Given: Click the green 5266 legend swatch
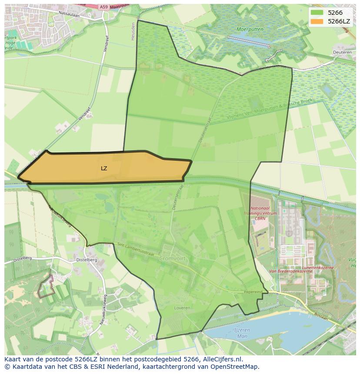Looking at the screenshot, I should click(x=317, y=13).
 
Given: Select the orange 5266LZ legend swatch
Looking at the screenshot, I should click(x=317, y=21).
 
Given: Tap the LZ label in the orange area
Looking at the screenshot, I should click(x=104, y=168).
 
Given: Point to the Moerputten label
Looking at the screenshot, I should click(x=250, y=30).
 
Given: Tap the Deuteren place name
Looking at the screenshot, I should click(x=342, y=52).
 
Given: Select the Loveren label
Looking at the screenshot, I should click(x=182, y=308).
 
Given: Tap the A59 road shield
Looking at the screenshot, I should click(x=103, y=7).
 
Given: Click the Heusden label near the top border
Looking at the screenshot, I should click(x=133, y=31).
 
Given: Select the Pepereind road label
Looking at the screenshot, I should click(x=253, y=292).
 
